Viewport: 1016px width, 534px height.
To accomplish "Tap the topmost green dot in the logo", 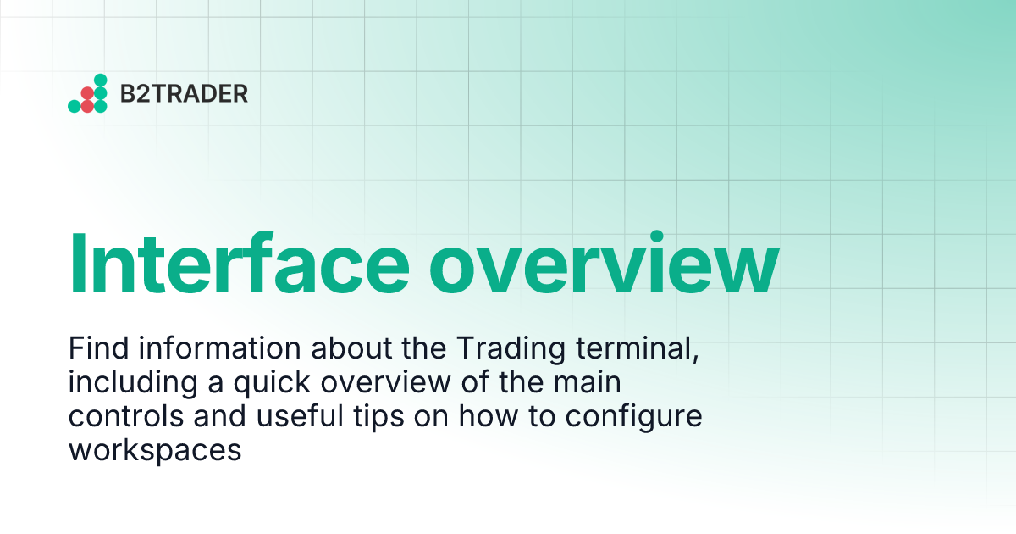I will [100, 80].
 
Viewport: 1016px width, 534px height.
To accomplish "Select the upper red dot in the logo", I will [87, 92].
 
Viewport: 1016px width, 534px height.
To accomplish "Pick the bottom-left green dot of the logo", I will [74, 106].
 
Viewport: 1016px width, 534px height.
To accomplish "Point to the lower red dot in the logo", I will [87, 106].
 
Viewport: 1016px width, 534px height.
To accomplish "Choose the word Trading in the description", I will [500, 349].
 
